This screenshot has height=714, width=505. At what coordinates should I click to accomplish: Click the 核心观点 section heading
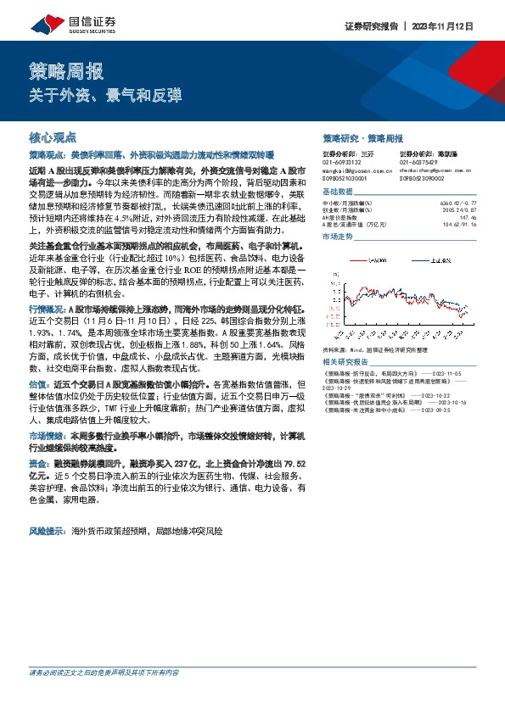click(53, 137)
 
